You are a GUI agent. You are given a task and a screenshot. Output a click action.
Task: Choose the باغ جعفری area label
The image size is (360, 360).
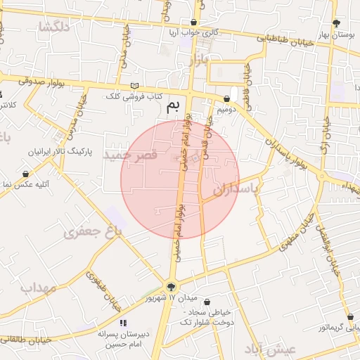pyautogui.click(x=93, y=231)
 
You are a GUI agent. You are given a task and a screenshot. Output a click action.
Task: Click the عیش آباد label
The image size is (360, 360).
pyautogui.click(x=271, y=349)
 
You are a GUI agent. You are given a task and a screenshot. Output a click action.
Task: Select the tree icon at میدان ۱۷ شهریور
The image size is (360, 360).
pyautogui.click(x=171, y=286)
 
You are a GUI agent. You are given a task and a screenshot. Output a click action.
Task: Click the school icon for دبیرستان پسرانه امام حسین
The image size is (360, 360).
pyautogui.click(x=123, y=323)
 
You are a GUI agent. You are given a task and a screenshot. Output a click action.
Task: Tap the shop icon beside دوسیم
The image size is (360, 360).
pyautogui.click(x=226, y=99)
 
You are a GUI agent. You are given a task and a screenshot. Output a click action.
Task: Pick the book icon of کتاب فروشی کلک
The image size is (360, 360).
pyautogui.click(x=134, y=86)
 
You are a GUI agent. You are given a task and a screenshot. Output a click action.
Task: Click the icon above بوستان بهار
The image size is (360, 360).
pyautogui.click(x=335, y=22)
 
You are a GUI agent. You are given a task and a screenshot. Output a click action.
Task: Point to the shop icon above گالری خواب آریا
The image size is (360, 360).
pyautogui.click(x=193, y=22)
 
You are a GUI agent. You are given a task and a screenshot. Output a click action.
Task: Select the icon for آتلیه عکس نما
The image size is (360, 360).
pyautogui.click(x=26, y=174)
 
